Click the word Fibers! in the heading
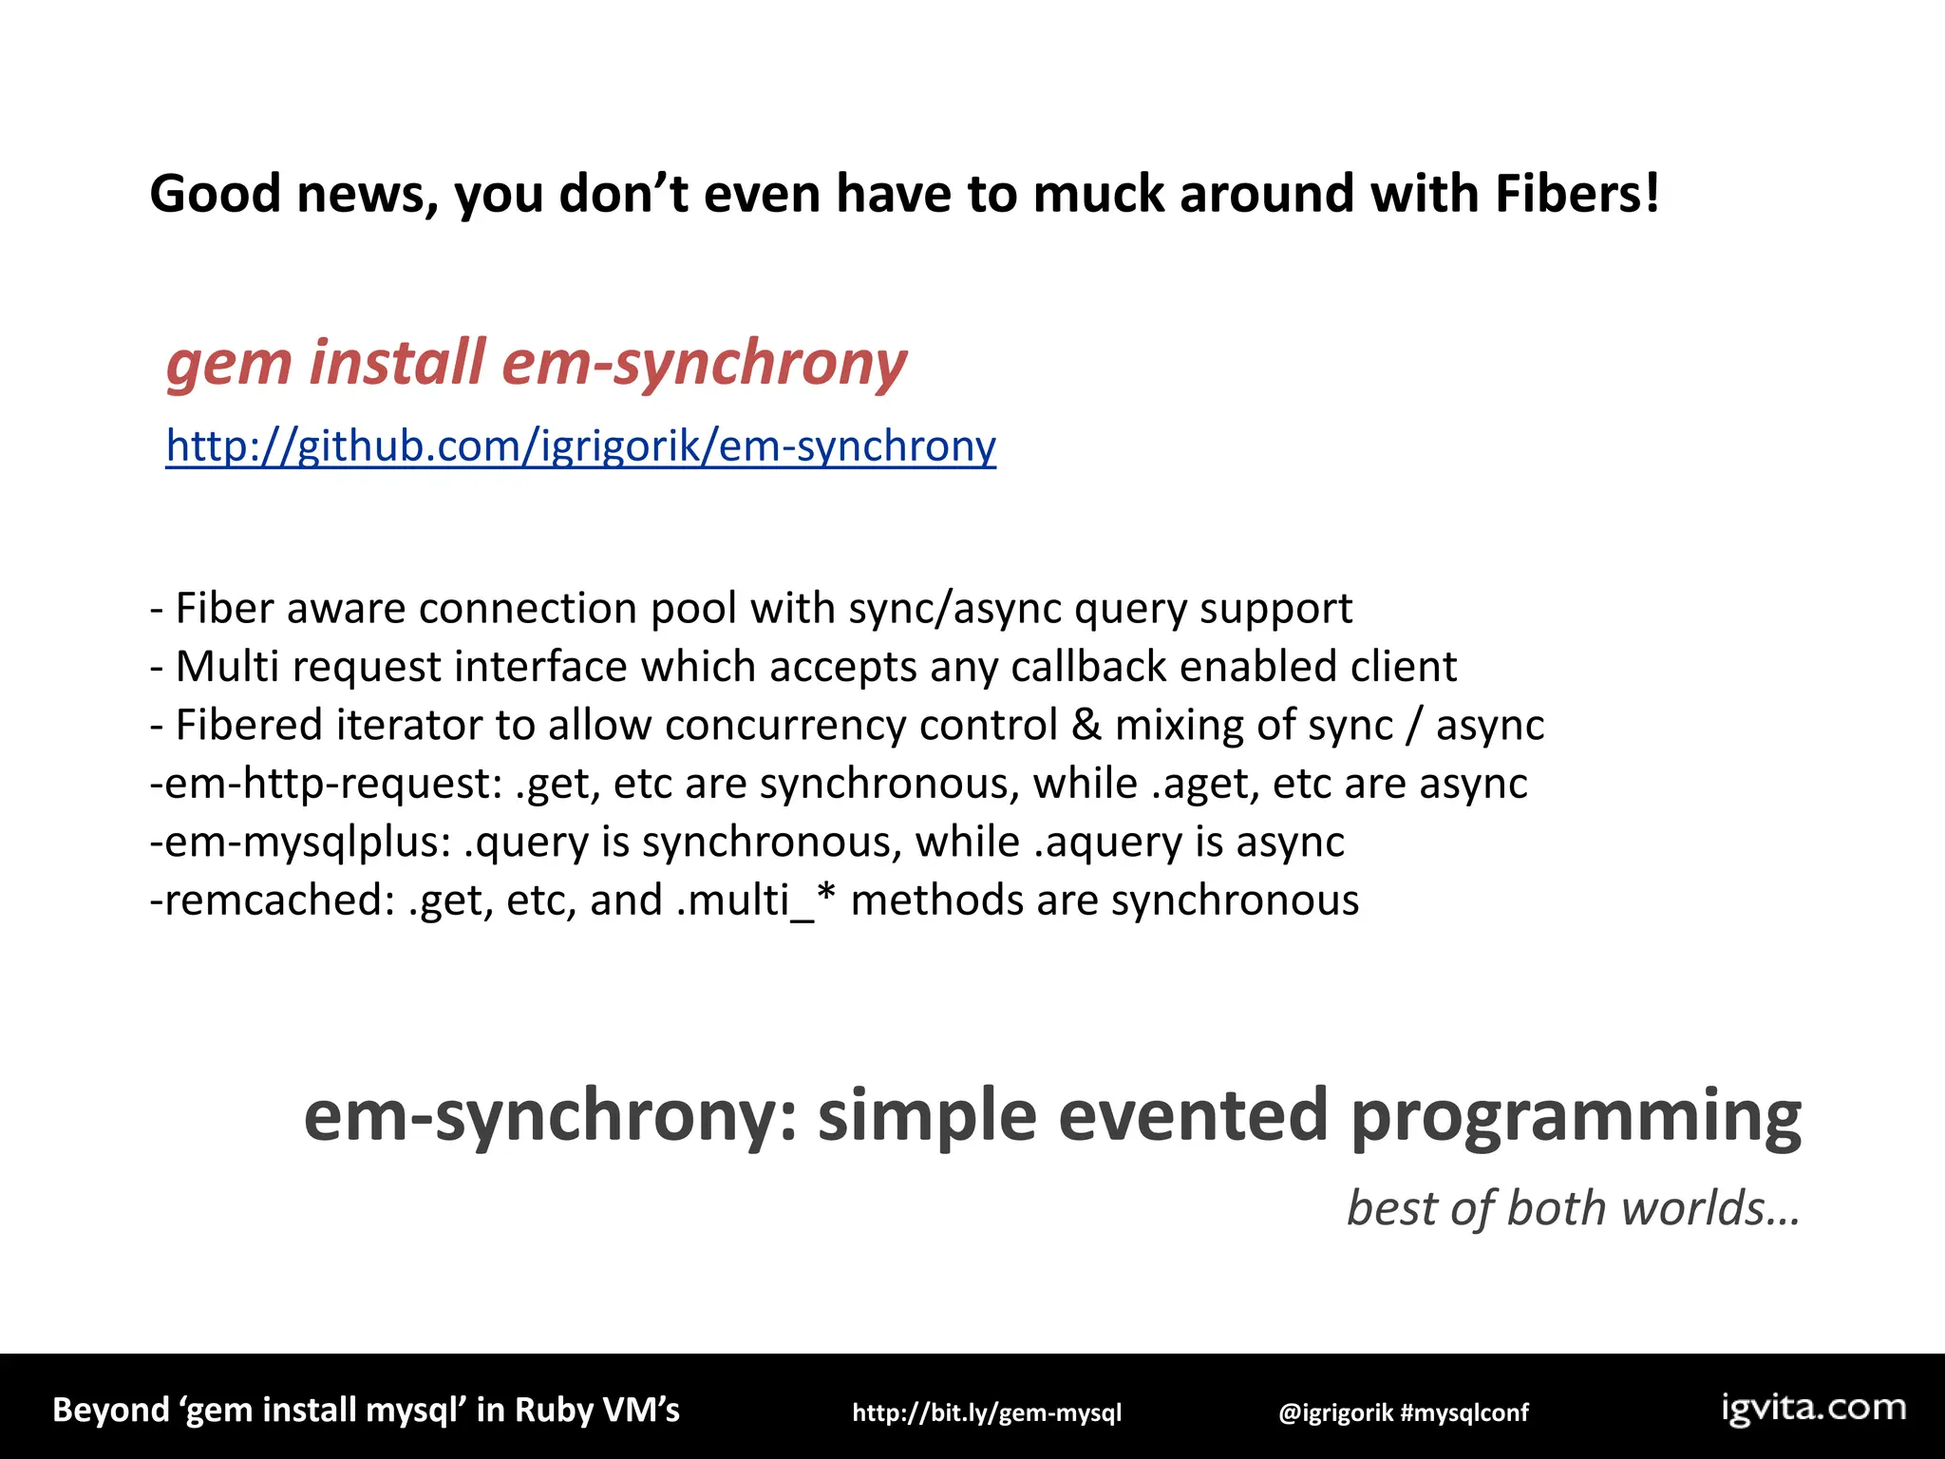point(1577,194)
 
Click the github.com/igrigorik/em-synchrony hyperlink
point(580,445)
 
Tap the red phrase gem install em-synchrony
point(537,363)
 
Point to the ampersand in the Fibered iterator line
point(1086,726)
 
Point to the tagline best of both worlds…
point(1573,1208)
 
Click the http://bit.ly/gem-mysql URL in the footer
point(987,1412)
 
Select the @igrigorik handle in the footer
point(1334,1412)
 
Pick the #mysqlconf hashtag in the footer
point(1464,1412)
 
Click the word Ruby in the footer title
point(557,1410)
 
